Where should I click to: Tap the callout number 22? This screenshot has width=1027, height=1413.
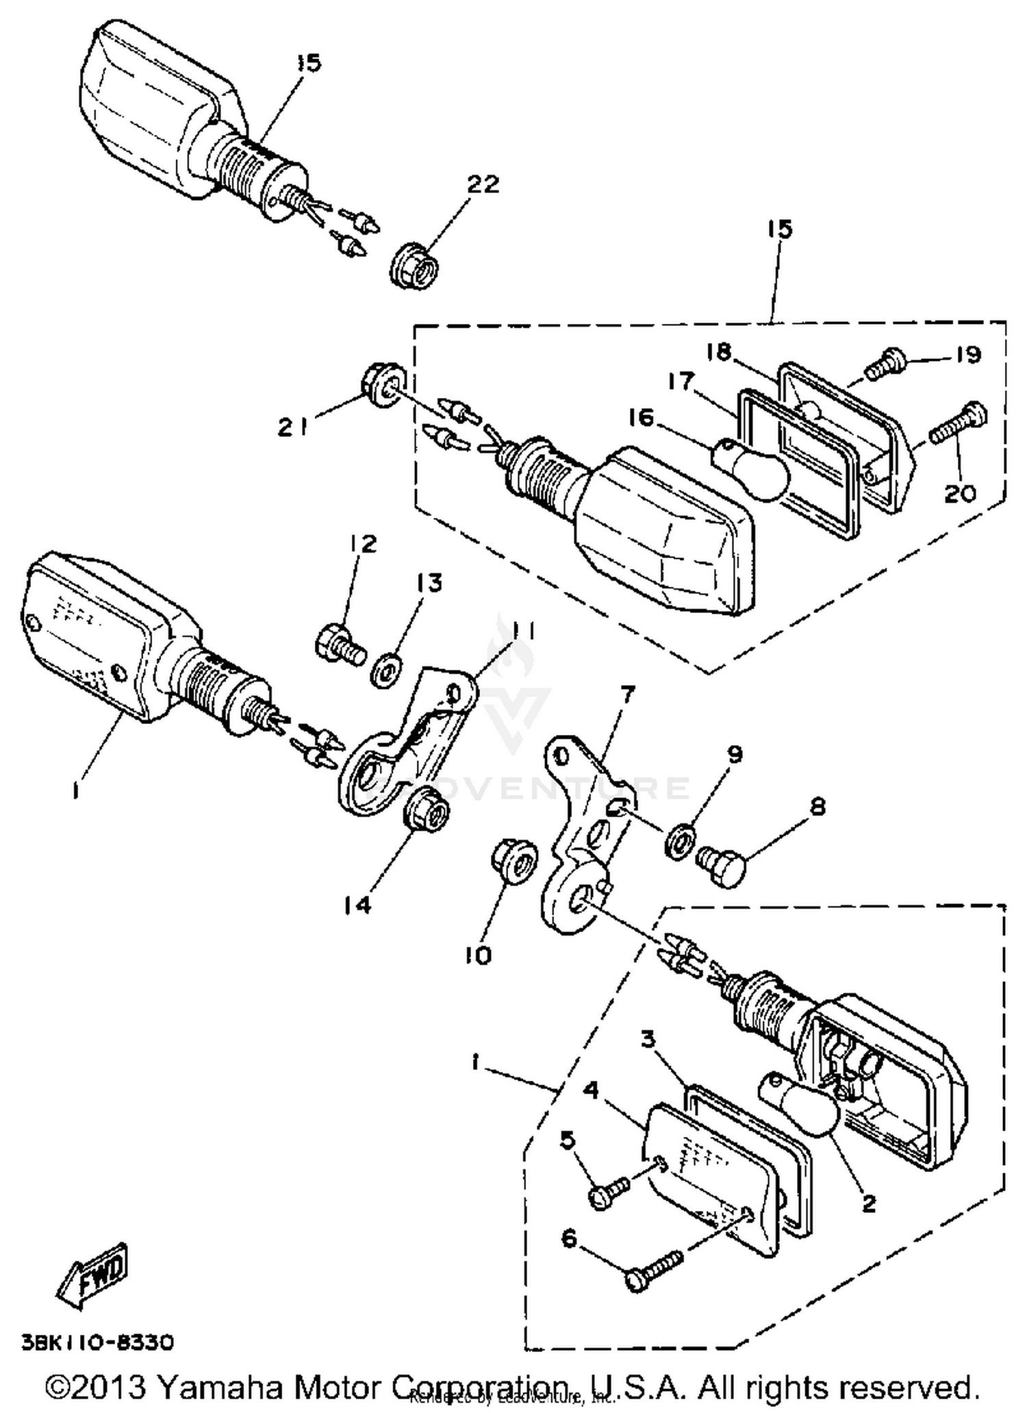point(483,184)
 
